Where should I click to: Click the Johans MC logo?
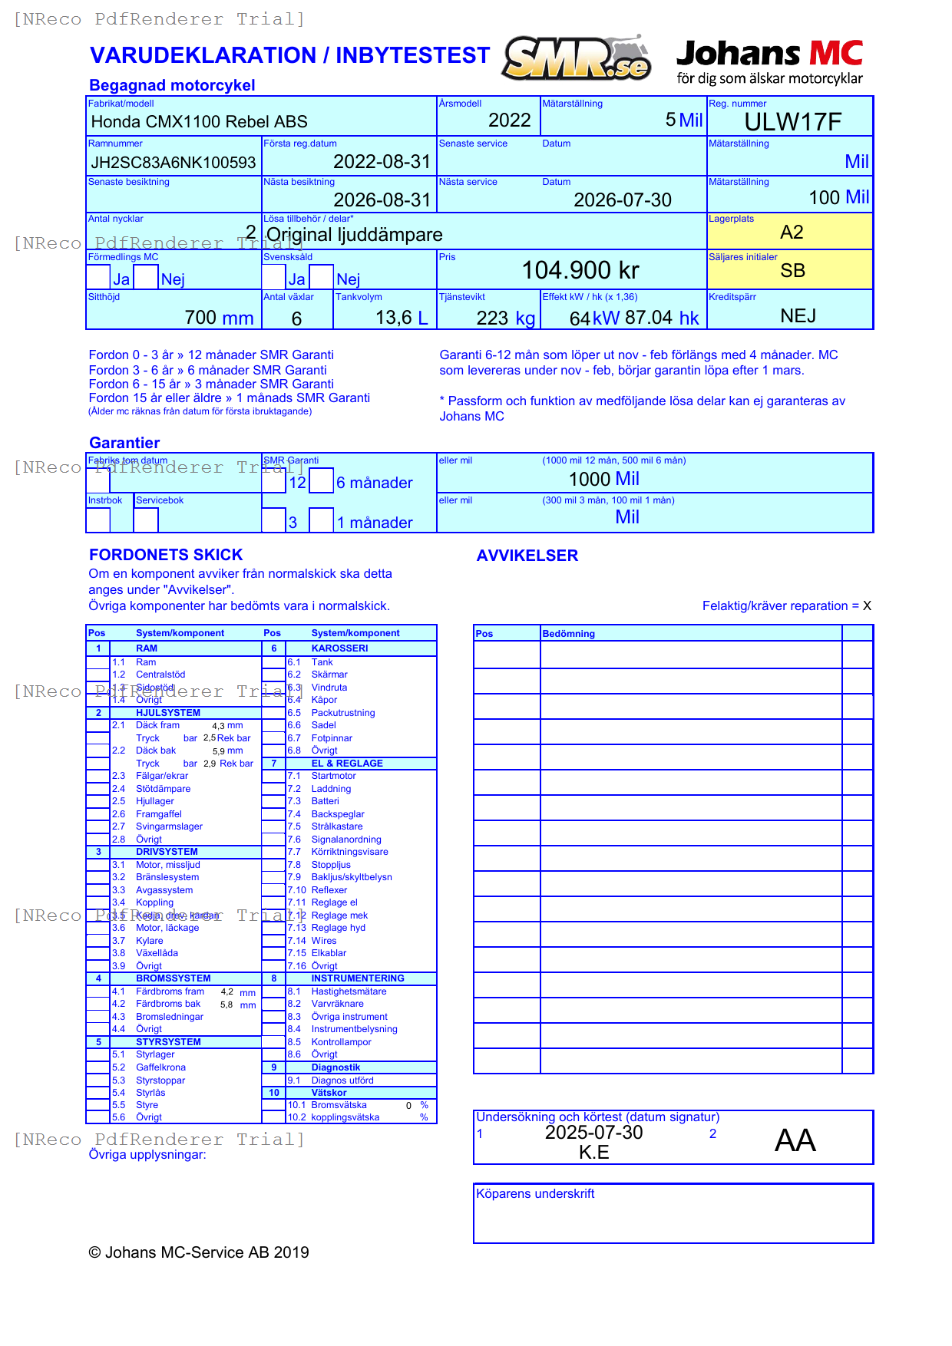click(x=769, y=61)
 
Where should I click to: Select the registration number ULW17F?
click(x=792, y=122)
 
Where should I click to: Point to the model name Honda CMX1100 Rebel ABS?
click(x=199, y=122)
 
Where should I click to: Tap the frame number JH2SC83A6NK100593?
click(x=174, y=163)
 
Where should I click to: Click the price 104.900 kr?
click(x=580, y=270)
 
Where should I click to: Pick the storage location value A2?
click(x=791, y=233)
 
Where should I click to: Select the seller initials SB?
click(x=792, y=271)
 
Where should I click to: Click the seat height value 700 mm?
click(x=219, y=318)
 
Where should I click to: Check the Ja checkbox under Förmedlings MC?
click(x=98, y=277)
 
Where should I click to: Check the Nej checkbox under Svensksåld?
click(x=321, y=277)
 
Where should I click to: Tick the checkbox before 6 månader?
click(x=321, y=481)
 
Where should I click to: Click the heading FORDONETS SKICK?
click(x=166, y=555)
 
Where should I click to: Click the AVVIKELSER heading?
click(x=527, y=556)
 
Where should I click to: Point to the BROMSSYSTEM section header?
click(x=173, y=978)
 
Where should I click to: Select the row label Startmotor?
click(x=333, y=776)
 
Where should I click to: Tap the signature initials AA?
click(x=795, y=1140)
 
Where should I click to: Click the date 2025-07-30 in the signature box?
click(x=593, y=1133)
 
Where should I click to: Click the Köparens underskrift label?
click(x=534, y=1193)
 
